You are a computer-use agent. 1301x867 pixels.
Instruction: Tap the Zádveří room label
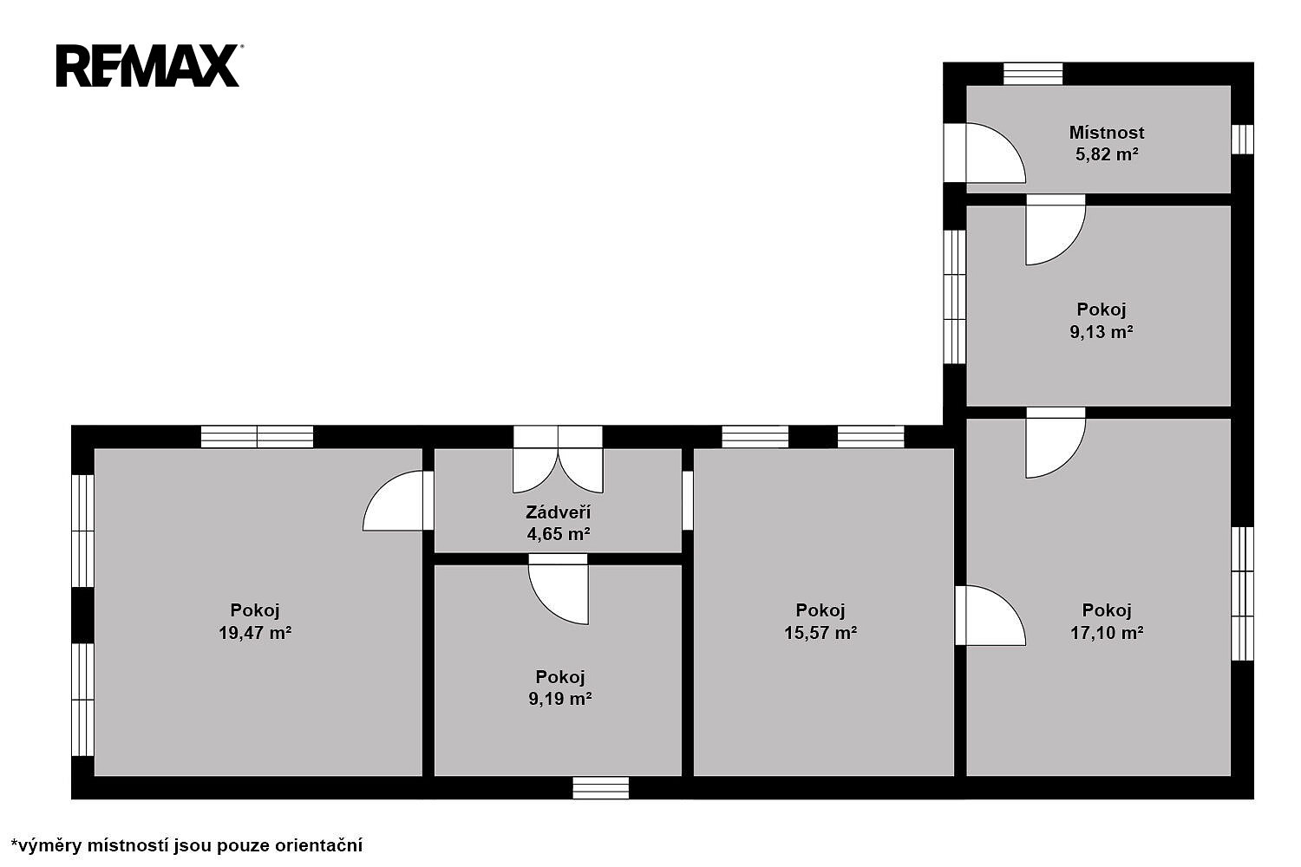[x=559, y=512]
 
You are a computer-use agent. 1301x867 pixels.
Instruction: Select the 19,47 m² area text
[x=255, y=632]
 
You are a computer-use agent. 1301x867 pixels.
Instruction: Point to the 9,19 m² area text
[x=560, y=699]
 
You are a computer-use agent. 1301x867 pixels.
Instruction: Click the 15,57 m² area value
[x=820, y=632]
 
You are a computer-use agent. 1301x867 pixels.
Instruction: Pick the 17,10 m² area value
[x=1107, y=632]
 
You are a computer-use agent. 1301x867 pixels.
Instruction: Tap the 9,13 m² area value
[x=1102, y=331]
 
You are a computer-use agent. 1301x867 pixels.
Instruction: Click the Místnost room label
[x=1107, y=133]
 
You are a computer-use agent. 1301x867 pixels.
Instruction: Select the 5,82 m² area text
[x=1107, y=154]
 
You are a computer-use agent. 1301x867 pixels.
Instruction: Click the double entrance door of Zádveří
[x=559, y=460]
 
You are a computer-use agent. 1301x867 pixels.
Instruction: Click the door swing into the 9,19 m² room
[x=559, y=589]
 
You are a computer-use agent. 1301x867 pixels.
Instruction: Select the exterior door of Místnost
[x=984, y=153]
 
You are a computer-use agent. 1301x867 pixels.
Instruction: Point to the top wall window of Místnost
[x=1033, y=74]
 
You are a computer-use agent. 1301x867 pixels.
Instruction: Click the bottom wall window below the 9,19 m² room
[x=600, y=788]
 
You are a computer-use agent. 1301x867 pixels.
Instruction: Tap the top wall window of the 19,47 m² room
[x=258, y=437]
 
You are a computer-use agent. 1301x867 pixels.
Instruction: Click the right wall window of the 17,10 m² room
[x=1242, y=594]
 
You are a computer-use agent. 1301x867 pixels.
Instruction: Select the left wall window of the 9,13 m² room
[x=954, y=297]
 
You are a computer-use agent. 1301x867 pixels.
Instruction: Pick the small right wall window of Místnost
[x=1242, y=140]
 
